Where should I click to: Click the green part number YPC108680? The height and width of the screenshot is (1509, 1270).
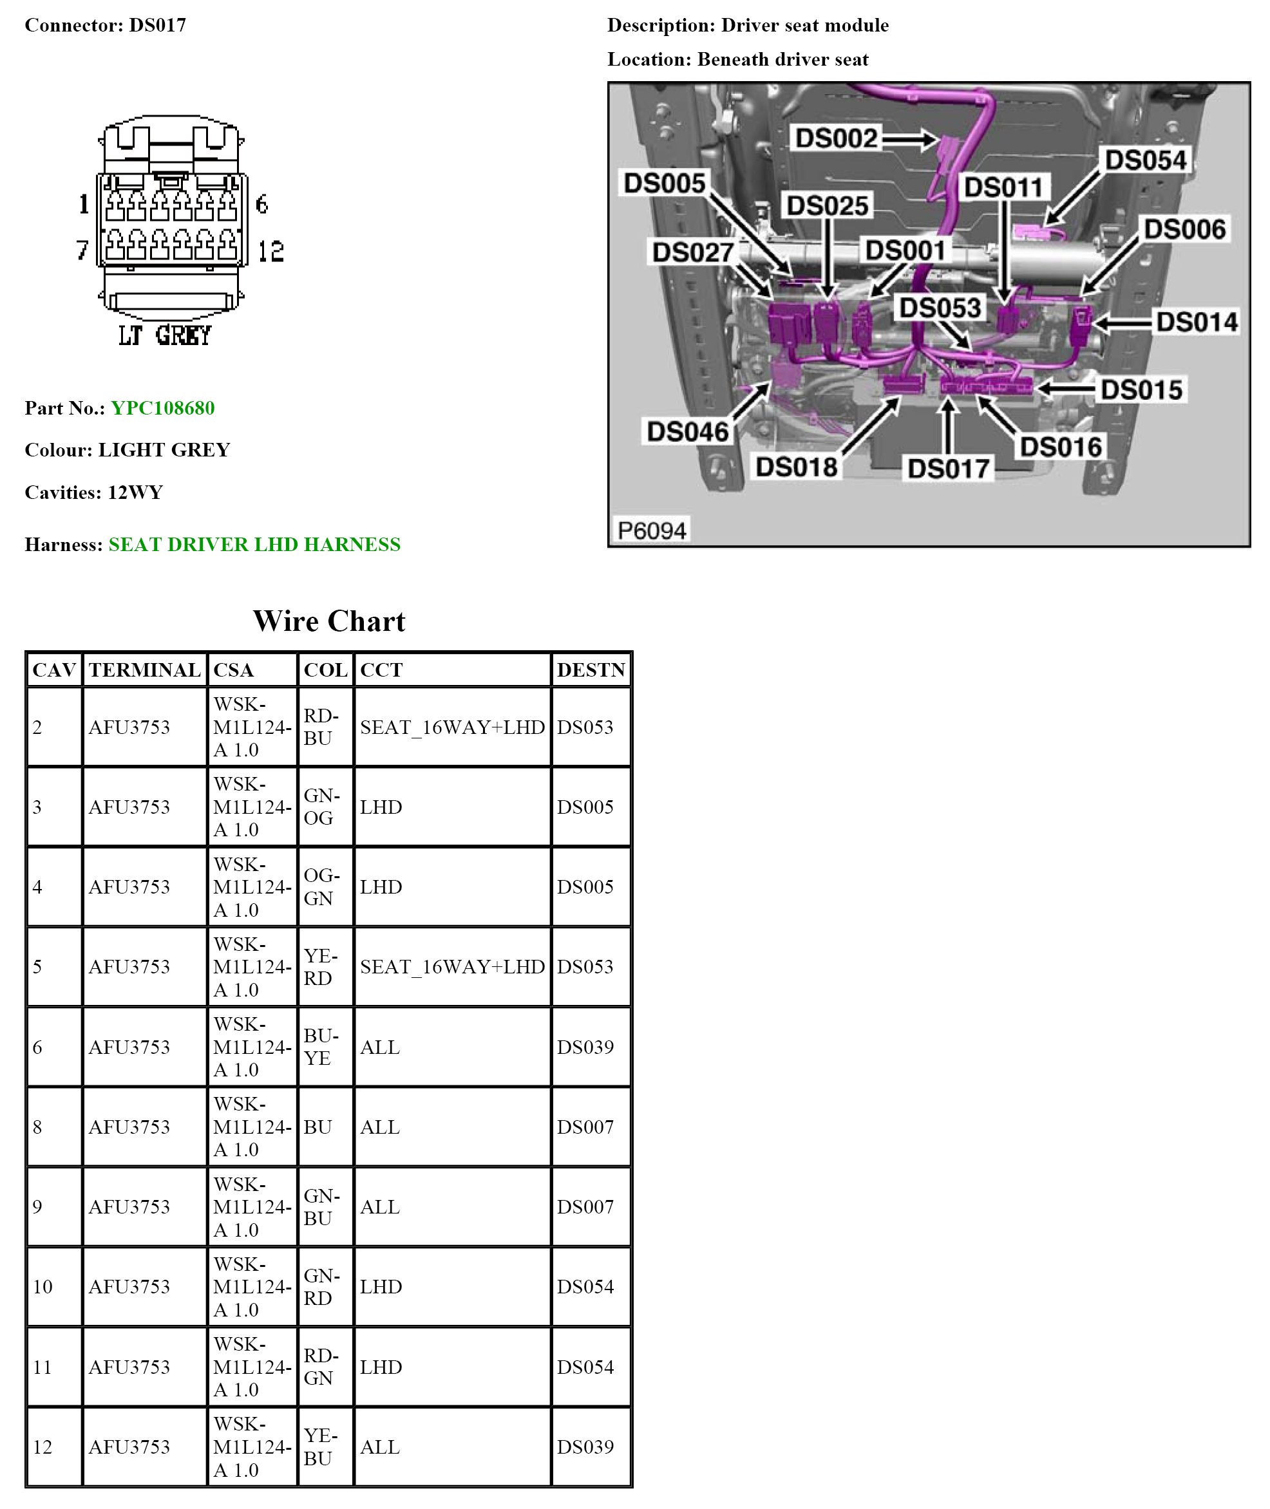pyautogui.click(x=163, y=408)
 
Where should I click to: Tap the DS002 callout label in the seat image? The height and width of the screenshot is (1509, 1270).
pyautogui.click(x=836, y=138)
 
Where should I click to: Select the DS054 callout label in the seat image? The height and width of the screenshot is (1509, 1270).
pyautogui.click(x=1146, y=160)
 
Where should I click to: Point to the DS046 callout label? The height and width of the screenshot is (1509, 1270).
pyautogui.click(x=688, y=432)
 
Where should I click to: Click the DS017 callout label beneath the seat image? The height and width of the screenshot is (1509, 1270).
pyautogui.click(x=948, y=469)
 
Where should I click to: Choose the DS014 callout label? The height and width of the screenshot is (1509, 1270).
pyautogui.click(x=1197, y=322)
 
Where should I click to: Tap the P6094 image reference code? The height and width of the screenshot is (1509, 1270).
pyautogui.click(x=652, y=530)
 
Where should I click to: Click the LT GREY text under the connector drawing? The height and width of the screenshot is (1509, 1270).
pyautogui.click(x=166, y=335)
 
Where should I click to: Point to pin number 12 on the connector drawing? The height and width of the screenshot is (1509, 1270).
pyautogui.click(x=270, y=251)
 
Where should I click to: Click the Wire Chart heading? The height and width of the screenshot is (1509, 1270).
pyautogui.click(x=329, y=621)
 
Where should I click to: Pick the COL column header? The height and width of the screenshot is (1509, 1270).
pyautogui.click(x=325, y=670)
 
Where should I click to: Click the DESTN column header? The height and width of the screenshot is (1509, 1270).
pyautogui.click(x=591, y=670)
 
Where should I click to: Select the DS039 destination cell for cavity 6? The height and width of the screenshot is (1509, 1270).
pyautogui.click(x=585, y=1047)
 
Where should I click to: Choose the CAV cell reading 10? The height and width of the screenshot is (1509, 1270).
pyautogui.click(x=43, y=1287)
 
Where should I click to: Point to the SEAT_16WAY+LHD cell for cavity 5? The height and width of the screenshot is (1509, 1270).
pyautogui.click(x=452, y=966)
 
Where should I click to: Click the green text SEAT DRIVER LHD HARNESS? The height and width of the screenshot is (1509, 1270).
pyautogui.click(x=254, y=544)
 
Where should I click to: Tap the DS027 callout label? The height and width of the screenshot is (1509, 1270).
pyautogui.click(x=692, y=252)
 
